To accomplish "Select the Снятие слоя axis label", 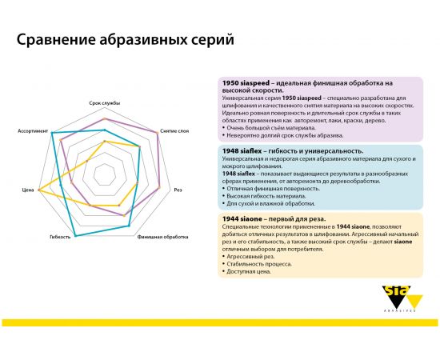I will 174,130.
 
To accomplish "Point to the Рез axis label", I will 178,190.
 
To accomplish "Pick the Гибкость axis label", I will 61,238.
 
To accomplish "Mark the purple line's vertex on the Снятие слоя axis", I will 158,133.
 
